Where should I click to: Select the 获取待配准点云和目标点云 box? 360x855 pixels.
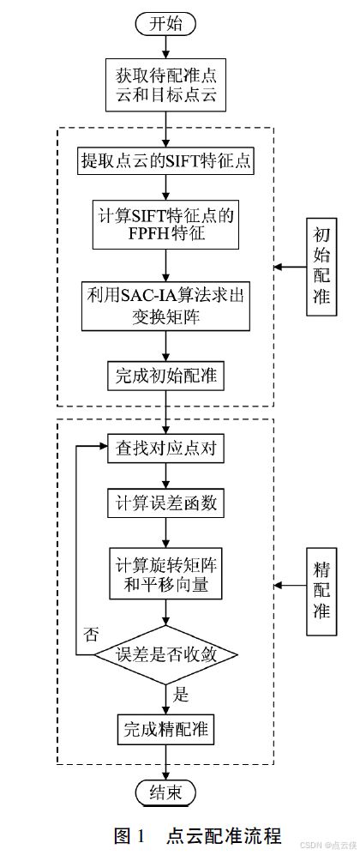pos(165,85)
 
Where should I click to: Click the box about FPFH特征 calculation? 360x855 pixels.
pos(165,226)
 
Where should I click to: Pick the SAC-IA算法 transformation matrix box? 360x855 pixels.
pos(165,306)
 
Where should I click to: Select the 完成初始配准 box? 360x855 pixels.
pos(165,376)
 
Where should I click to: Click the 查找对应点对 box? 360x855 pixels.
pos(165,449)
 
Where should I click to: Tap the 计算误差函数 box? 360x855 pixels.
pos(165,503)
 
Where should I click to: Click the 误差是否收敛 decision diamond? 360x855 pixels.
pos(165,654)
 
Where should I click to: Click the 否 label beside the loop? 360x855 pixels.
pos(90,634)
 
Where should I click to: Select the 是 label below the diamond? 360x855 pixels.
pos(180,695)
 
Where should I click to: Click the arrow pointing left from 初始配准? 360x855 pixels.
pos(291,268)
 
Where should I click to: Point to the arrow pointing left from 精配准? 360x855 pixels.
pos(291,587)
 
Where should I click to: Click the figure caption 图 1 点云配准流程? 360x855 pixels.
pos(198,834)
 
